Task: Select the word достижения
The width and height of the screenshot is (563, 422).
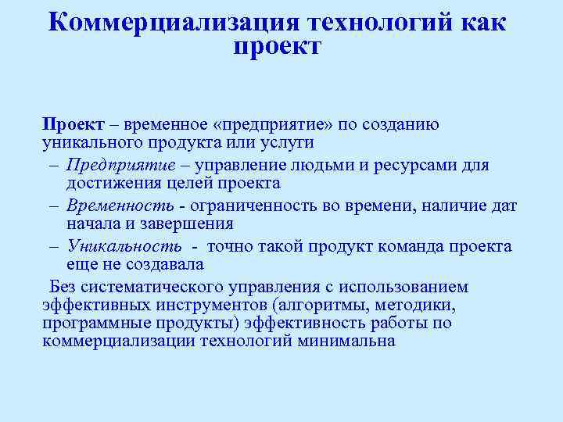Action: [x=109, y=184]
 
